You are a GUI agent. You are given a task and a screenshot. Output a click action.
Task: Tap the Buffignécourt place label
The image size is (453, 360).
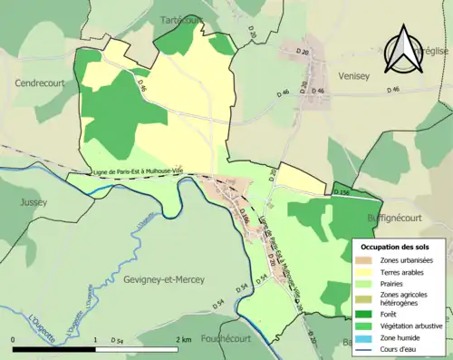[400, 219]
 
